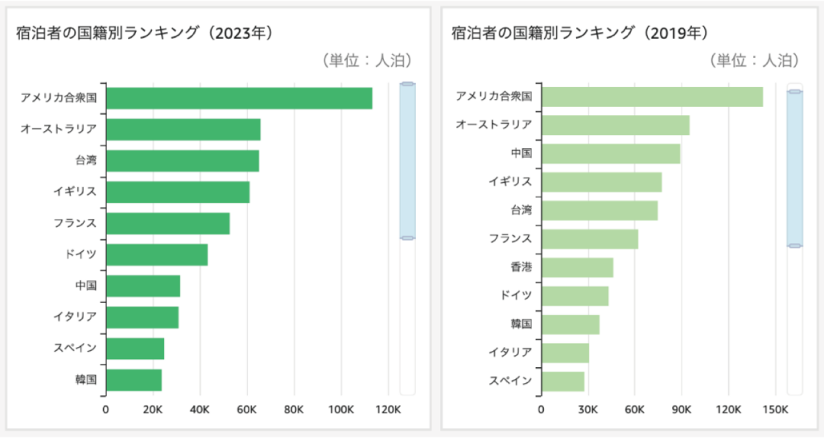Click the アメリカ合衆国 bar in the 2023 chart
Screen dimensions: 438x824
pyautogui.click(x=238, y=98)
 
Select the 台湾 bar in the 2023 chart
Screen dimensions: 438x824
pyautogui.click(x=182, y=161)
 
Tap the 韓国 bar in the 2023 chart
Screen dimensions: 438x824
pyautogui.click(x=134, y=380)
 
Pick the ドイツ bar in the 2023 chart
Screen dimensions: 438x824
pyautogui.click(x=156, y=254)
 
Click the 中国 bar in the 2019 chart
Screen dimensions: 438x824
pyautogui.click(x=611, y=154)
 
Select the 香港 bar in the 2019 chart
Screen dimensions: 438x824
pyautogui.click(x=577, y=267)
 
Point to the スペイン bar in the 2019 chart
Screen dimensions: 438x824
pyautogui.click(x=562, y=381)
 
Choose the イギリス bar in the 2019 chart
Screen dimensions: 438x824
pyautogui.click(x=601, y=182)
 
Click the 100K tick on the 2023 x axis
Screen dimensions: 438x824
pyautogui.click(x=341, y=410)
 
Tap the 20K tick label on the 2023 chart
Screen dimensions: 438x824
pyautogui.click(x=153, y=410)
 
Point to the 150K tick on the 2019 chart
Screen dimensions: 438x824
pyautogui.click(x=775, y=410)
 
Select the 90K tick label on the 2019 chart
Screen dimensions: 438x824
pyautogui.click(x=682, y=410)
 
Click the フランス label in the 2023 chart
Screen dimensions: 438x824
pyautogui.click(x=75, y=223)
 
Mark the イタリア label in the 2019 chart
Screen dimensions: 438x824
pyautogui.click(x=510, y=352)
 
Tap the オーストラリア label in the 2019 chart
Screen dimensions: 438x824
pyautogui.click(x=493, y=125)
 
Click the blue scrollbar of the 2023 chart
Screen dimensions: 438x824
pyautogui.click(x=407, y=161)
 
